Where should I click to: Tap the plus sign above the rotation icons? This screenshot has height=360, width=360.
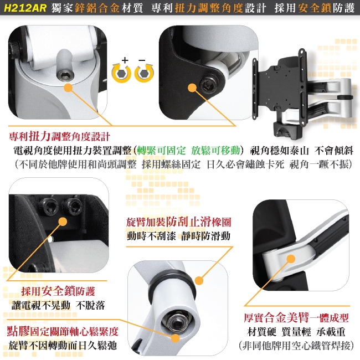point(125,60)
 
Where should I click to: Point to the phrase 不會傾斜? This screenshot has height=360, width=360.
point(333,151)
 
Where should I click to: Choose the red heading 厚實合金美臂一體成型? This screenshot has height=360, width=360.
point(296,318)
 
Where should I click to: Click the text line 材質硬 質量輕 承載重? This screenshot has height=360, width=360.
point(296,332)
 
